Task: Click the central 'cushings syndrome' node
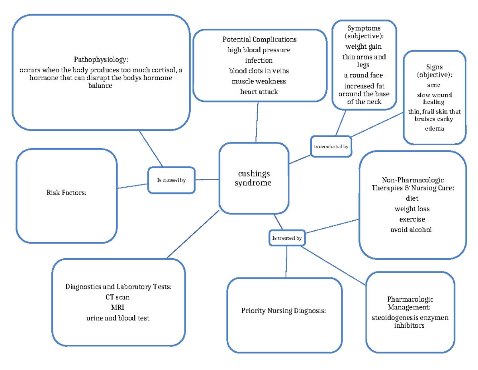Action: click(x=254, y=178)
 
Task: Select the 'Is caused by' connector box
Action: click(x=171, y=180)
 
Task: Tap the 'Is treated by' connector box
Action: click(x=286, y=238)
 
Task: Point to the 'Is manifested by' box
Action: click(x=331, y=146)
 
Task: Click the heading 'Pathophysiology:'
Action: click(x=101, y=60)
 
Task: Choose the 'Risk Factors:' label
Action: click(x=67, y=193)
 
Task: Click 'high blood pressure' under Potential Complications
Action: click(x=259, y=50)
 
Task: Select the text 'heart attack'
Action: click(x=259, y=91)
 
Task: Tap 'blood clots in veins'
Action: click(x=259, y=71)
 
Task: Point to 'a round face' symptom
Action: click(x=363, y=75)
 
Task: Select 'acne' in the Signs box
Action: click(x=434, y=85)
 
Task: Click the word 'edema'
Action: click(x=434, y=129)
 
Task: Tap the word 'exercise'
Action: click(x=412, y=219)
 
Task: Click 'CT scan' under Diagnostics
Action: click(x=118, y=297)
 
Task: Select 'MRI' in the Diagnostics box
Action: click(x=118, y=307)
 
